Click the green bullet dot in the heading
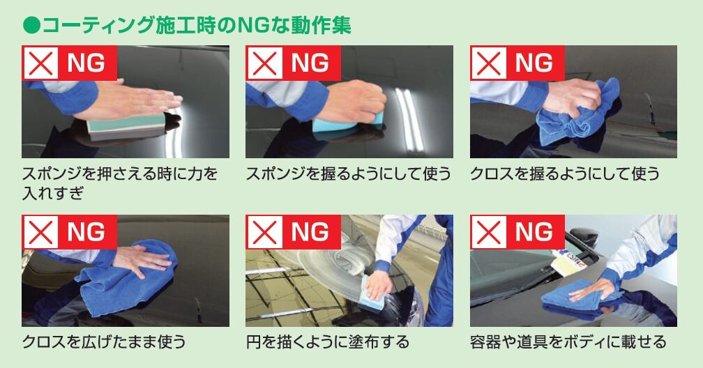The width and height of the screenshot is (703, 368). tap(31, 26)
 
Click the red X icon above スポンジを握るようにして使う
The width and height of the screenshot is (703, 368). tap(264, 63)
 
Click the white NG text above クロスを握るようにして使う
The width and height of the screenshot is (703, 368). tap(534, 63)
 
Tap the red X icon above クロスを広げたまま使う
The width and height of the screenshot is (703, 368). tap(40, 232)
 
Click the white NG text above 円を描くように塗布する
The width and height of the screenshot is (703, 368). tap(310, 232)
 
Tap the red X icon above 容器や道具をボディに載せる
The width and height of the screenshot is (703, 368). tap(489, 232)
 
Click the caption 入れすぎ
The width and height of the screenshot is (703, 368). tap(53, 193)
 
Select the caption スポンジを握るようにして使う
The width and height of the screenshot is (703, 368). tap(349, 174)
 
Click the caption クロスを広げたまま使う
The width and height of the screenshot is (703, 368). tap(103, 342)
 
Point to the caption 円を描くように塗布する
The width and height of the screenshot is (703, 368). tap(328, 342)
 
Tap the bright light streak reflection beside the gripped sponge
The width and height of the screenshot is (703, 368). tap(409, 119)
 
